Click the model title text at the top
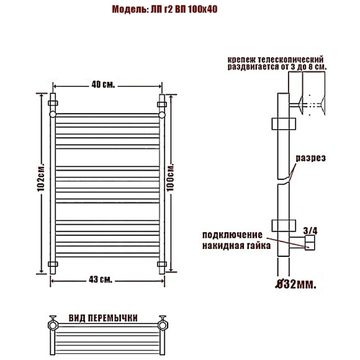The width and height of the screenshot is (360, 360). (164, 9)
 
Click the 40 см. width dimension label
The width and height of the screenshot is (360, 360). (103, 84)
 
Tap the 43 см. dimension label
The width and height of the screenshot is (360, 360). (101, 279)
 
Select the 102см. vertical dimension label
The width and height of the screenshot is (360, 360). (40, 178)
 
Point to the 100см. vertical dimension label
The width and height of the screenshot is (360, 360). (170, 178)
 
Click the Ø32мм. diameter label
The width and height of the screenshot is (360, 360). (295, 284)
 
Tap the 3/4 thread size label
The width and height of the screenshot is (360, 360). (310, 231)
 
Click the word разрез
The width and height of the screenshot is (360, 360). (310, 158)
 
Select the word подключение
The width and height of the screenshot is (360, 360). (232, 235)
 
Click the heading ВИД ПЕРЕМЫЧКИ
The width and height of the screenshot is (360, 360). (103, 318)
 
